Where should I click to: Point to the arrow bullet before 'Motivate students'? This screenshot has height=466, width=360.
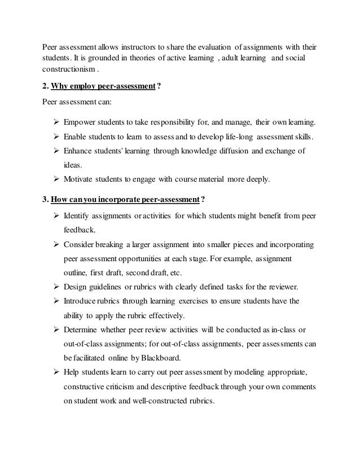click(x=55, y=181)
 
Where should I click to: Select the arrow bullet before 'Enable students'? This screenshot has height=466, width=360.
click(x=55, y=137)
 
